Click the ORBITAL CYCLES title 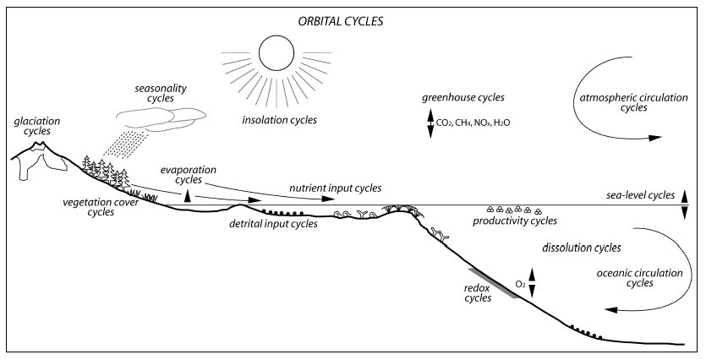[x=341, y=22]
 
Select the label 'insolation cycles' [x=280, y=120]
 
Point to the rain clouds [x=161, y=119]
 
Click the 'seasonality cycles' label [x=161, y=93]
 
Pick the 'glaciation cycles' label [x=37, y=126]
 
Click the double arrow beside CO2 [x=430, y=123]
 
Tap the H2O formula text [x=501, y=123]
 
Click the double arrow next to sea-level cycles [x=684, y=205]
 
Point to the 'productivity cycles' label [x=515, y=221]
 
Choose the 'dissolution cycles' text [x=581, y=248]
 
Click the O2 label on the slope [x=521, y=285]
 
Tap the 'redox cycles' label [x=478, y=293]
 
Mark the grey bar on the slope [x=495, y=283]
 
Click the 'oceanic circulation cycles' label [x=639, y=278]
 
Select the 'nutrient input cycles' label [x=336, y=188]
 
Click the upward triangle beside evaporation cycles [x=188, y=196]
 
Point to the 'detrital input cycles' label [x=273, y=224]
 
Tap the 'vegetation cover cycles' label [x=101, y=207]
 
